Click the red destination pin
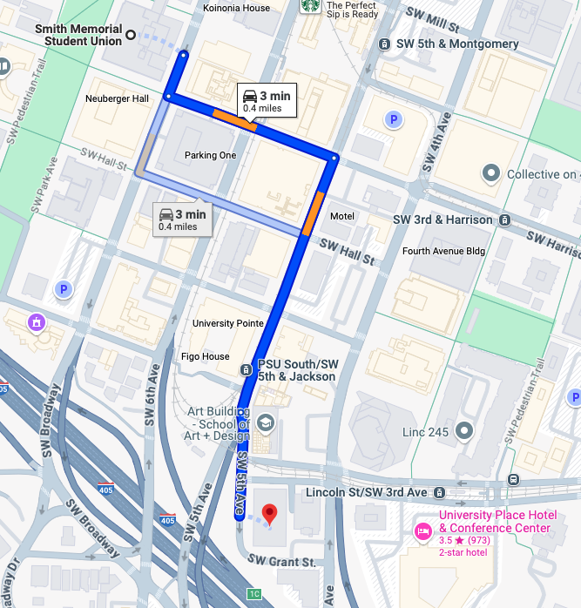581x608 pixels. pyautogui.click(x=269, y=514)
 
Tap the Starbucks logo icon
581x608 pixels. pyautogui.click(x=309, y=7)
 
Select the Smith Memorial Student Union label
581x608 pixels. pyautogui.click(x=78, y=35)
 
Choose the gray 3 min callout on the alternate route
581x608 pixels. pyautogui.click(x=182, y=219)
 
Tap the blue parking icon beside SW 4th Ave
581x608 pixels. pyautogui.click(x=394, y=119)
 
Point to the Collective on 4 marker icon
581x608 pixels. pyautogui.click(x=490, y=174)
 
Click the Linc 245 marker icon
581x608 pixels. pyautogui.click(x=464, y=430)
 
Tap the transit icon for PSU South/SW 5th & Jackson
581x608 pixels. pyautogui.click(x=247, y=370)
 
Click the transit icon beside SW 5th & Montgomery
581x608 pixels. pyautogui.click(x=384, y=44)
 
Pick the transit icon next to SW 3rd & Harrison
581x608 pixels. pyautogui.click(x=504, y=220)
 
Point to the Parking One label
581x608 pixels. pyautogui.click(x=210, y=156)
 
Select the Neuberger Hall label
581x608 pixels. pyautogui.click(x=117, y=98)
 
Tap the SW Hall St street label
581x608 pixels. pyautogui.click(x=347, y=253)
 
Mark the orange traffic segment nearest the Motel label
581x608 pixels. pyautogui.click(x=314, y=213)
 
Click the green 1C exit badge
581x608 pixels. pyautogui.click(x=254, y=594)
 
